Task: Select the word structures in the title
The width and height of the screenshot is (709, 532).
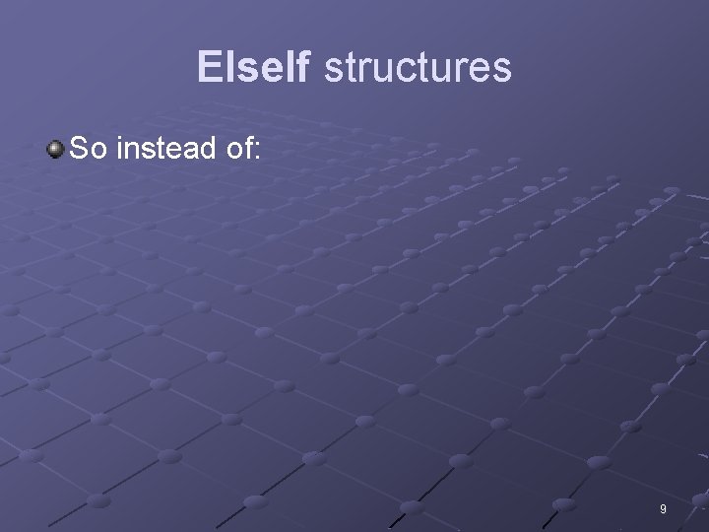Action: click(418, 67)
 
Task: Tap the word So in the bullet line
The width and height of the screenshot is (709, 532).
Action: click(90, 149)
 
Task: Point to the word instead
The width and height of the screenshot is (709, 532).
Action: click(166, 149)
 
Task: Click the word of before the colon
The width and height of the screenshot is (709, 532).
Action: click(237, 149)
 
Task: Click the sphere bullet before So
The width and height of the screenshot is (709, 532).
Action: click(55, 149)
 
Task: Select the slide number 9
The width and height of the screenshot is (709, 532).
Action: click(663, 508)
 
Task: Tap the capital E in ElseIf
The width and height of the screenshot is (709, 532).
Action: click(208, 67)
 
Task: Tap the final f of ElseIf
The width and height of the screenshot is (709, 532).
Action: click(303, 67)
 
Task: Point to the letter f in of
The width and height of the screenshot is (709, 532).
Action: click(246, 149)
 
